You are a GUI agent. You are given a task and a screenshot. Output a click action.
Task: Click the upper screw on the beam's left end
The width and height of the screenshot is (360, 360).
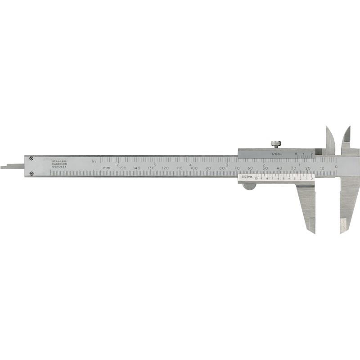(x=31, y=157)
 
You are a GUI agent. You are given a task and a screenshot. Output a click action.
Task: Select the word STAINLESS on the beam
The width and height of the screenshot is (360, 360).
(x=59, y=161)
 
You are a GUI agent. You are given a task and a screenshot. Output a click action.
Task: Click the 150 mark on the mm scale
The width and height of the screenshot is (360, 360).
(x=122, y=168)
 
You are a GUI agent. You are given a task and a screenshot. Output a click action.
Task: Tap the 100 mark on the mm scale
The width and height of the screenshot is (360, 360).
(x=193, y=168)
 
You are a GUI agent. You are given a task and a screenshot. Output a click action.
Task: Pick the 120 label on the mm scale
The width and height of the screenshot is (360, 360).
(x=165, y=168)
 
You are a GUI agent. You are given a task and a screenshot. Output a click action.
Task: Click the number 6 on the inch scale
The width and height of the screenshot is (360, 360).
(x=118, y=165)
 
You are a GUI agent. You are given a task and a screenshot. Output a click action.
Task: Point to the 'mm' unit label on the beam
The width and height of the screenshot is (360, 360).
(x=106, y=168)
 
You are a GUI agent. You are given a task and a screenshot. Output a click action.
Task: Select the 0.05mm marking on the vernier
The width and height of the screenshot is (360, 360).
(x=246, y=177)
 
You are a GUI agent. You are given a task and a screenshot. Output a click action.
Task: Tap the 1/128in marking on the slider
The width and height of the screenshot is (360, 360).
(x=276, y=154)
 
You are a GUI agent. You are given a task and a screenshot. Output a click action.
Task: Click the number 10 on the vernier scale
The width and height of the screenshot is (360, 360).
(x=256, y=179)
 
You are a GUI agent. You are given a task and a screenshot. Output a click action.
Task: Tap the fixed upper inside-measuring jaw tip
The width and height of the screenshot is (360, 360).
(x=348, y=127)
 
